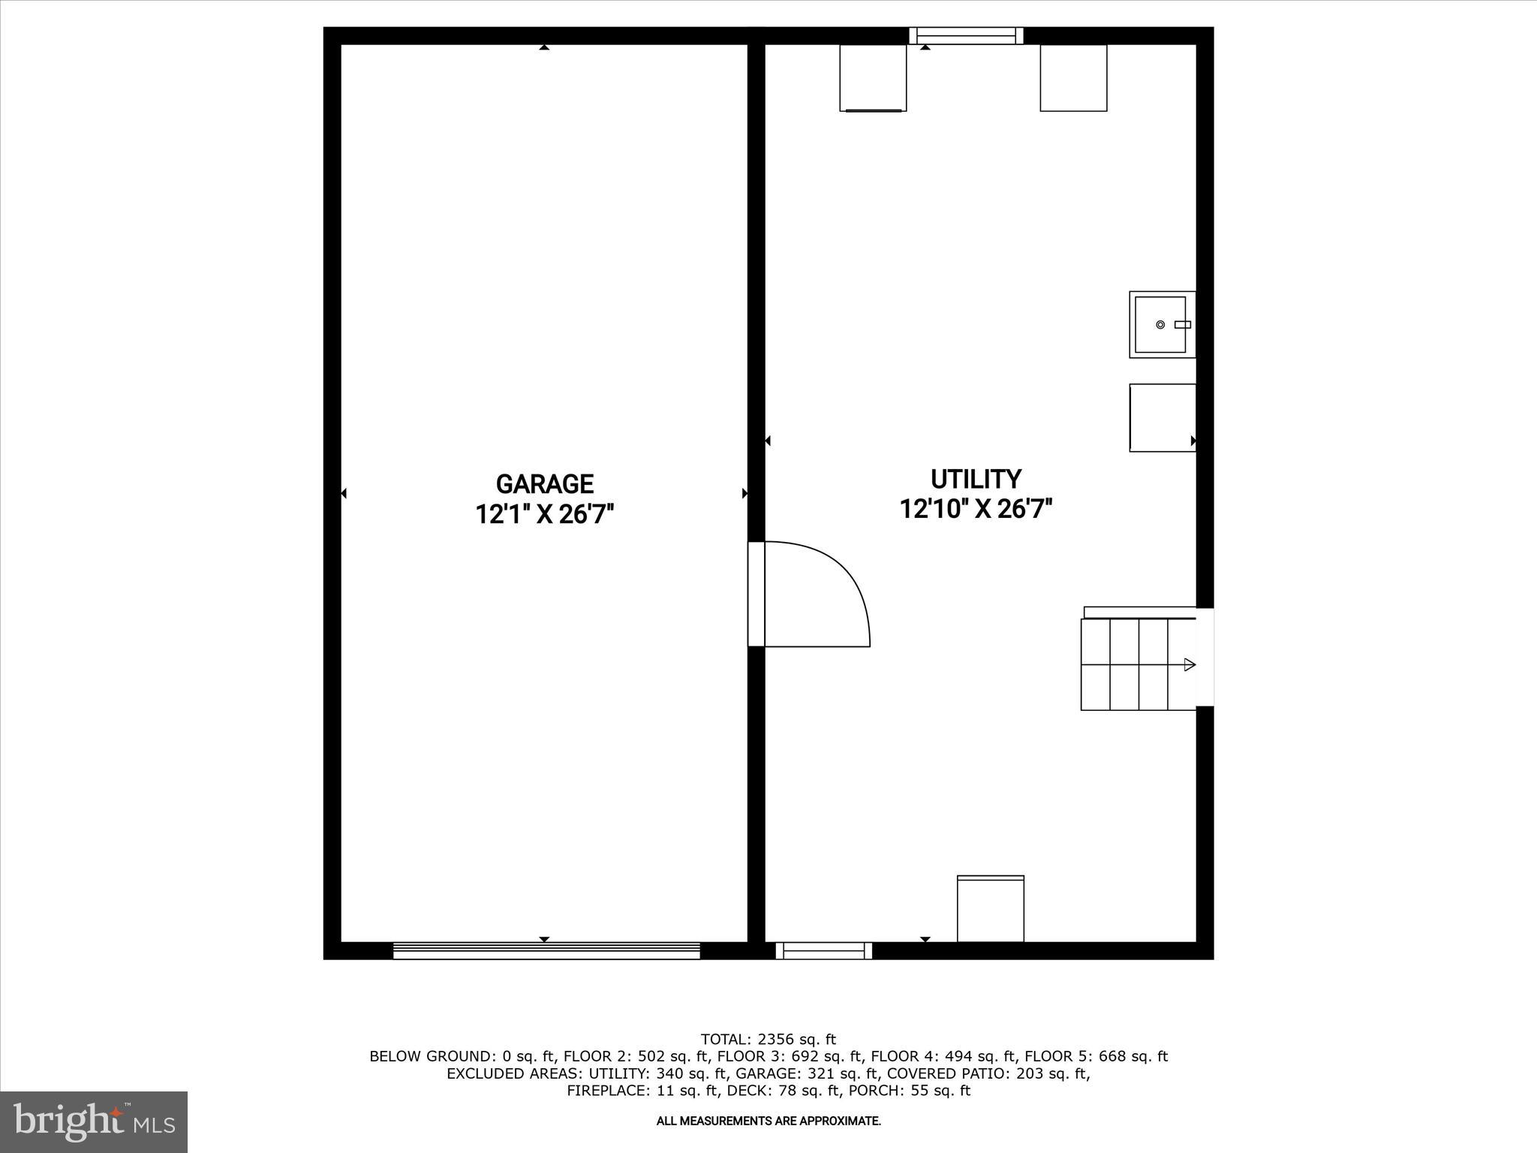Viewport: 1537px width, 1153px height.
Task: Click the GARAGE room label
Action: click(545, 483)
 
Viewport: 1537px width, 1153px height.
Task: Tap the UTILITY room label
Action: click(976, 479)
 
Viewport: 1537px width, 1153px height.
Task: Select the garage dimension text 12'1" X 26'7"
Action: click(545, 515)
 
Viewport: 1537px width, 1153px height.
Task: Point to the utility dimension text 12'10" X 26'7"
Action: click(976, 510)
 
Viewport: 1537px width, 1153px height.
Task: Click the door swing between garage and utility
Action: click(818, 593)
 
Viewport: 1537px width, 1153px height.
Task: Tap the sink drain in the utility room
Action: click(1160, 324)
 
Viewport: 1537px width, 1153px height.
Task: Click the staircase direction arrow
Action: click(1189, 664)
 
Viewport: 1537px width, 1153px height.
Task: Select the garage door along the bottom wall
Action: click(546, 951)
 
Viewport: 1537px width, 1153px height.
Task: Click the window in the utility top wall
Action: click(966, 35)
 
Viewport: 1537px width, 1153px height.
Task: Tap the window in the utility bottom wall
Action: click(823, 951)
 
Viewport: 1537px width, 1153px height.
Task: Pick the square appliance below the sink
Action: click(1162, 417)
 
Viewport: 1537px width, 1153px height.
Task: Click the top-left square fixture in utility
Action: click(873, 78)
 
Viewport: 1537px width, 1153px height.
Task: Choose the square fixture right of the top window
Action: click(1073, 78)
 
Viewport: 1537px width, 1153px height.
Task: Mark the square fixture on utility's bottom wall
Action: click(991, 908)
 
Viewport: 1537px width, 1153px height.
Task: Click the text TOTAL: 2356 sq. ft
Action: click(768, 1039)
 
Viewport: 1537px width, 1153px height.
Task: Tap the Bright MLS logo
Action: click(94, 1121)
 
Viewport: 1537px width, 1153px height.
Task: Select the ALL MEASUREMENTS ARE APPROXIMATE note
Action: click(768, 1121)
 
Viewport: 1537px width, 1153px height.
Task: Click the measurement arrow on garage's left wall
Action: click(344, 493)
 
